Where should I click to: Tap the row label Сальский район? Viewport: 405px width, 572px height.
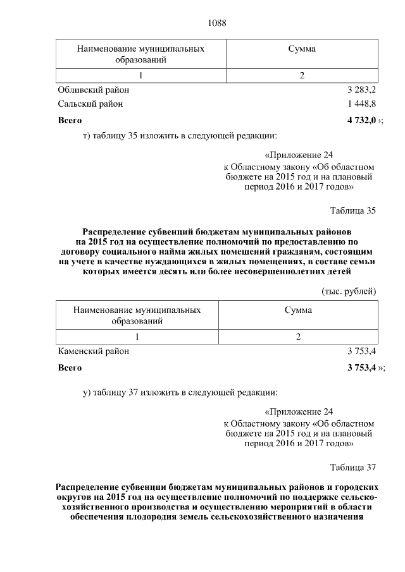click(x=90, y=104)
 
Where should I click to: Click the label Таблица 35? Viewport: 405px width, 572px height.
click(x=353, y=210)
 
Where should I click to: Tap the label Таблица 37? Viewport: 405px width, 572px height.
click(x=353, y=468)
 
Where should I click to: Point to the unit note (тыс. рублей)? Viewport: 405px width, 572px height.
click(x=349, y=291)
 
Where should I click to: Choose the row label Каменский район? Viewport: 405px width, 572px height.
click(x=93, y=351)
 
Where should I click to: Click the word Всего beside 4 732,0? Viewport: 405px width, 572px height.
click(x=70, y=119)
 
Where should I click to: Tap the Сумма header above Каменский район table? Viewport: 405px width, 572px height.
click(x=298, y=310)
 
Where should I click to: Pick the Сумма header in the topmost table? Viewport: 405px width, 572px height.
click(x=302, y=49)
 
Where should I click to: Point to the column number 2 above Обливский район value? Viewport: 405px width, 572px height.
click(x=302, y=76)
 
